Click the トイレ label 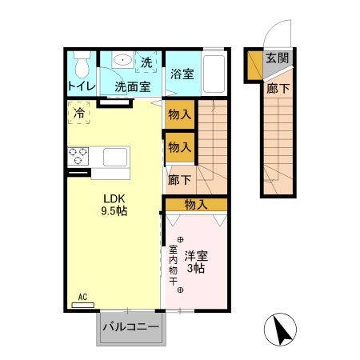pyautogui.click(x=81, y=86)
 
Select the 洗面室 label pyautogui.click(x=132, y=86)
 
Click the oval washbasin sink pyautogui.click(x=123, y=60)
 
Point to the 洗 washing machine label pyautogui.click(x=147, y=62)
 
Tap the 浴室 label pyautogui.click(x=182, y=74)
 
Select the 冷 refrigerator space pyautogui.click(x=79, y=113)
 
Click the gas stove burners pyautogui.click(x=78, y=154)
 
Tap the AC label pyautogui.click(x=82, y=298)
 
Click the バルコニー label pyautogui.click(x=130, y=327)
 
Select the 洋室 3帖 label pyautogui.click(x=196, y=262)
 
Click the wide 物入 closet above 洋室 pyautogui.click(x=196, y=205)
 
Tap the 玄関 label pyautogui.click(x=278, y=58)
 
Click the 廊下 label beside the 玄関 pyautogui.click(x=277, y=88)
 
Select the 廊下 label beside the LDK pyautogui.click(x=179, y=180)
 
